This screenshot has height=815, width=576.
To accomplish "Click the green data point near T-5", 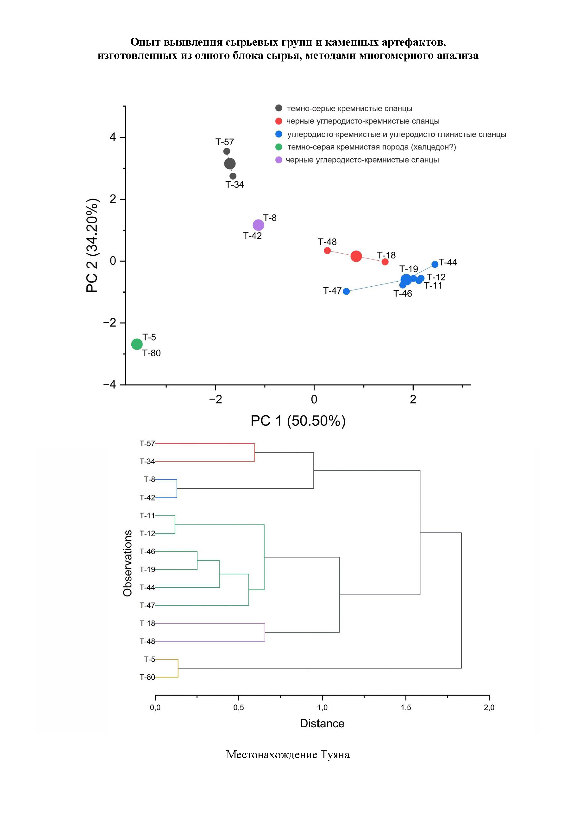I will tap(137, 344).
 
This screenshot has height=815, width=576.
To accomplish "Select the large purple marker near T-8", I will tap(258, 225).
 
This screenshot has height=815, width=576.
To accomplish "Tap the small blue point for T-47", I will tap(346, 291).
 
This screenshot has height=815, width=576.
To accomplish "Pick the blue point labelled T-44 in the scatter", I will tap(435, 264).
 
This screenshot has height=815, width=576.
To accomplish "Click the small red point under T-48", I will tap(327, 251).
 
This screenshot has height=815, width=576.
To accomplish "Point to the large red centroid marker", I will tap(356, 256).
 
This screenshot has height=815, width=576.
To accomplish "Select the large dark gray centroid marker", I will tap(230, 164).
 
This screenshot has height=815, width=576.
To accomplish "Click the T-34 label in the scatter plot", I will tap(235, 185).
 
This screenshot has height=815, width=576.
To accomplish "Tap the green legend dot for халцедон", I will tap(279, 147).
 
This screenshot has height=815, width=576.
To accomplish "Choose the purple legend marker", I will tap(279, 160).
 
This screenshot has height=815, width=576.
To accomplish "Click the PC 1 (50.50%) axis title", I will tap(298, 421).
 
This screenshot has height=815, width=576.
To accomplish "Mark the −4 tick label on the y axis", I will tap(110, 385).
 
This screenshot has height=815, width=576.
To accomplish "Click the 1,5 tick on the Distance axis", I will tap(406, 707).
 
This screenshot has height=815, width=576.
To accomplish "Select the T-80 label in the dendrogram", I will tap(147, 677).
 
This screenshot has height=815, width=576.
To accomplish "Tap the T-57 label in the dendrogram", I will tap(147, 443).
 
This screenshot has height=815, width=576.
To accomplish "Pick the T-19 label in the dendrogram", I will tap(147, 570).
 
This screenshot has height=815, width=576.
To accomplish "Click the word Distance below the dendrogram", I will tap(322, 723).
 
